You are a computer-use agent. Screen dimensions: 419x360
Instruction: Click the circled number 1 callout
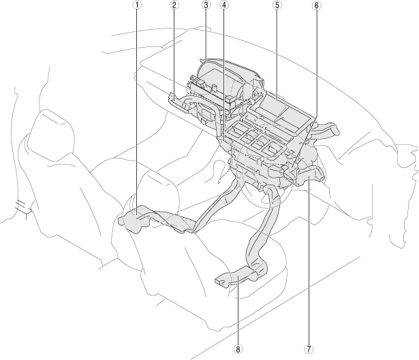pyautogui.click(x=137, y=5)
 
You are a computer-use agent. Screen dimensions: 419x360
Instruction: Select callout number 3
pyautogui.click(x=206, y=5)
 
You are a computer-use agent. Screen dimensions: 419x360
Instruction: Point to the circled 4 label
pyautogui.click(x=224, y=5)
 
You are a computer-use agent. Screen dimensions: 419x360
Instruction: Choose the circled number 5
pyautogui.click(x=277, y=5)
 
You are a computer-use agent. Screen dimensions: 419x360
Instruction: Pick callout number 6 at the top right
pyautogui.click(x=316, y=5)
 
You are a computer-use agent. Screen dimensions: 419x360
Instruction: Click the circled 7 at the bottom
pyautogui.click(x=309, y=349)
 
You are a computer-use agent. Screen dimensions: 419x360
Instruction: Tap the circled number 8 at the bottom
pyautogui.click(x=238, y=349)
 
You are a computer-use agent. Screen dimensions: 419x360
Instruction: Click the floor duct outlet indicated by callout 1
pyautogui.click(x=136, y=221)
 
